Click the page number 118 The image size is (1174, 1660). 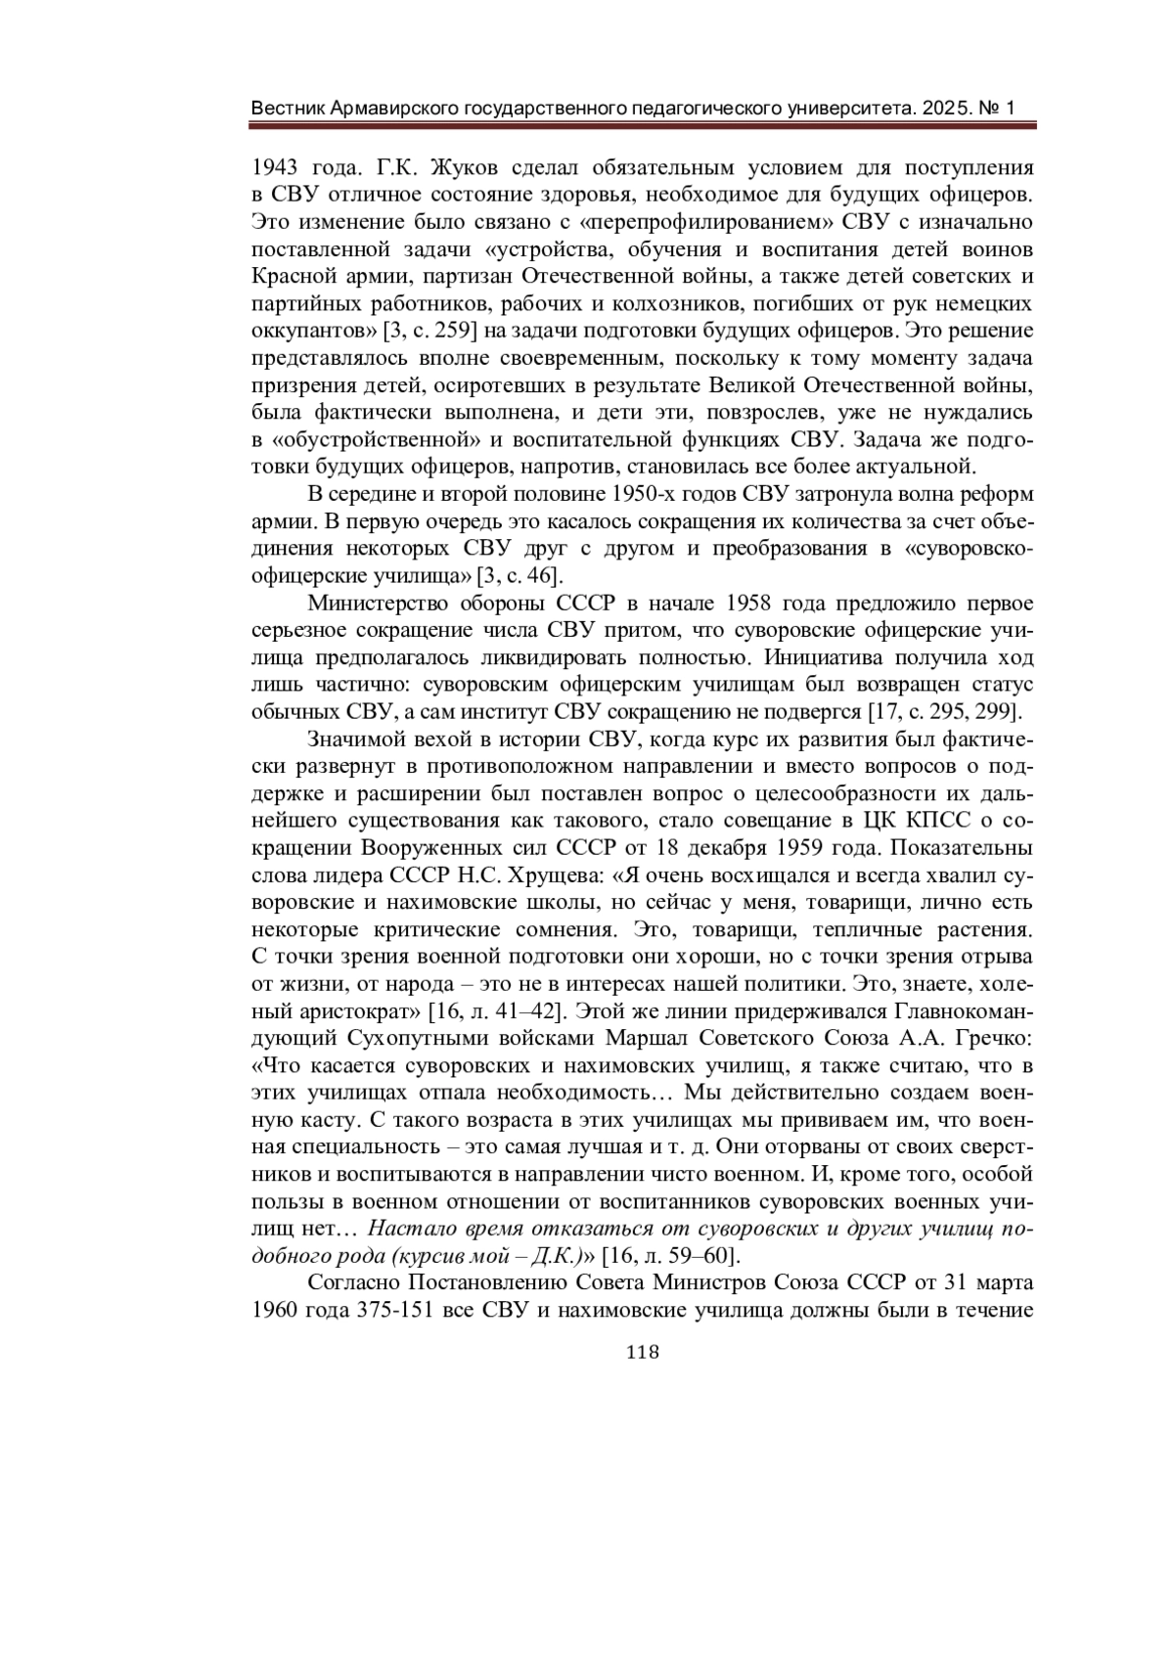[641, 1352]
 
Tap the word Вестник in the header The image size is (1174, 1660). [285, 108]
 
